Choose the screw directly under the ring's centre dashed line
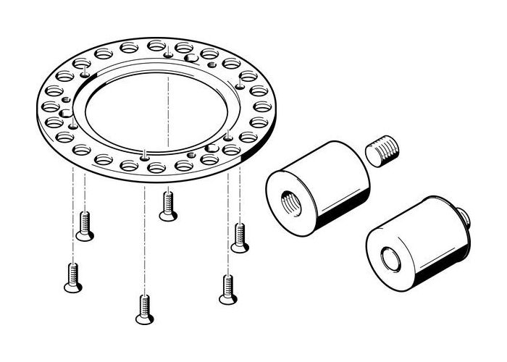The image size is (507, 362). pos(168,206)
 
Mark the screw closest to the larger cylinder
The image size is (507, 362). pos(240,238)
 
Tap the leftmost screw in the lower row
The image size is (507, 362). pos(72,278)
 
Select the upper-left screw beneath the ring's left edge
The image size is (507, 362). pos(85,227)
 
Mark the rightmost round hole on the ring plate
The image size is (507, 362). pos(263,106)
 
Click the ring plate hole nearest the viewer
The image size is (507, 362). pos(156,168)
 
